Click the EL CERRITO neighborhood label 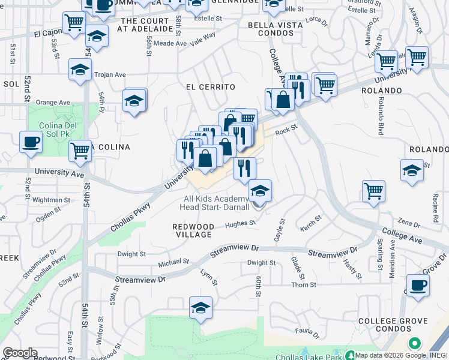coord(210,87)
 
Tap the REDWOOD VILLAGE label coord(193,230)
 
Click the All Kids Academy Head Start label coord(215,203)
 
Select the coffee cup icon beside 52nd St coord(30,142)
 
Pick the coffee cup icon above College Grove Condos coord(418,284)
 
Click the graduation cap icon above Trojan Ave coord(80,69)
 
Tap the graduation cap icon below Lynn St coord(200,307)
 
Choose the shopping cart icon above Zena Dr coord(373,191)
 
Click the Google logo coord(20,353)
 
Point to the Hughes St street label coord(240,224)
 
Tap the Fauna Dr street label coord(307,331)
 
